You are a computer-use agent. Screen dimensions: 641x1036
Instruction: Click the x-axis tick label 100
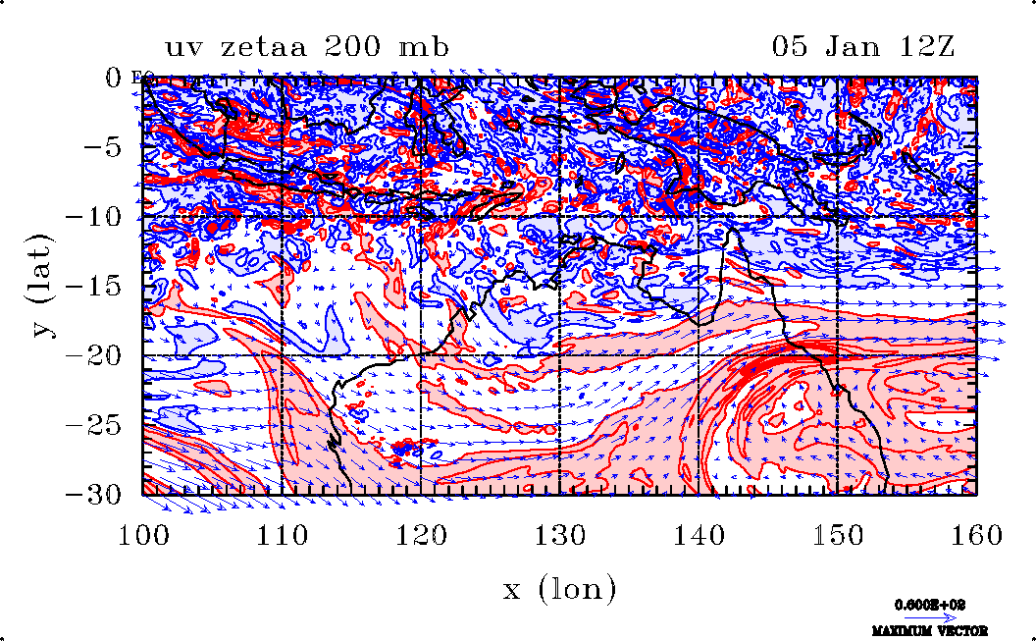143,536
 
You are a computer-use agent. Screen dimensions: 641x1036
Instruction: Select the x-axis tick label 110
282,536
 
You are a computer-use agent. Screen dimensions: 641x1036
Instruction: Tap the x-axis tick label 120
421,536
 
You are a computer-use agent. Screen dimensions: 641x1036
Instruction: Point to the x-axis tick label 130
559,536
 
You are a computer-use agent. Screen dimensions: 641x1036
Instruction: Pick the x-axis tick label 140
699,536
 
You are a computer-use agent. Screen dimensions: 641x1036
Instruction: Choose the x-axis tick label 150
837,536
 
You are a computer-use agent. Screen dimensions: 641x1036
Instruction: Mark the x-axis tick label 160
976,536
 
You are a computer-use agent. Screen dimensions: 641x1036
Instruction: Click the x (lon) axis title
559,589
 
